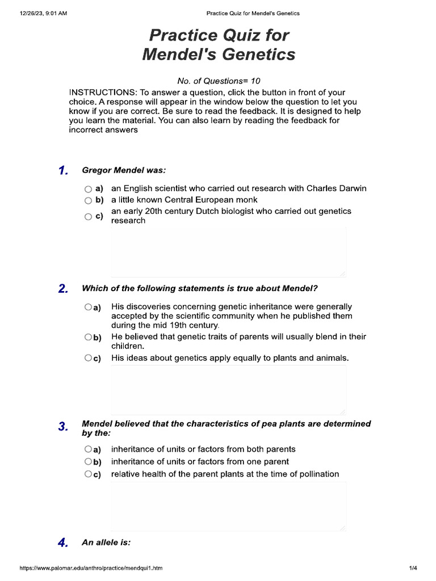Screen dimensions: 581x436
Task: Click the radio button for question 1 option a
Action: [x=88, y=189]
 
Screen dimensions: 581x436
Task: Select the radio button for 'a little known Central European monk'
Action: [x=88, y=200]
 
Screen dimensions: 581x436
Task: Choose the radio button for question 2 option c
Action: [x=88, y=358]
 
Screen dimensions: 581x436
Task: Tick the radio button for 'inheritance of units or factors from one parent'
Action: [x=88, y=461]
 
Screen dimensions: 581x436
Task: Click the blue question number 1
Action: [x=63, y=171]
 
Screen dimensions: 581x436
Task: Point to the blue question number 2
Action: [x=63, y=289]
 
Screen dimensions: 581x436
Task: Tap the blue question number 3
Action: [x=63, y=427]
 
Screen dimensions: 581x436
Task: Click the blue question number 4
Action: [x=63, y=543]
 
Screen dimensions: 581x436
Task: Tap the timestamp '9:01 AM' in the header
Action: [x=55, y=13]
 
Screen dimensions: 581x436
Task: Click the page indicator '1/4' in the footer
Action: [x=413, y=568]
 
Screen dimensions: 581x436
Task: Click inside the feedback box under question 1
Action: [x=228, y=252]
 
